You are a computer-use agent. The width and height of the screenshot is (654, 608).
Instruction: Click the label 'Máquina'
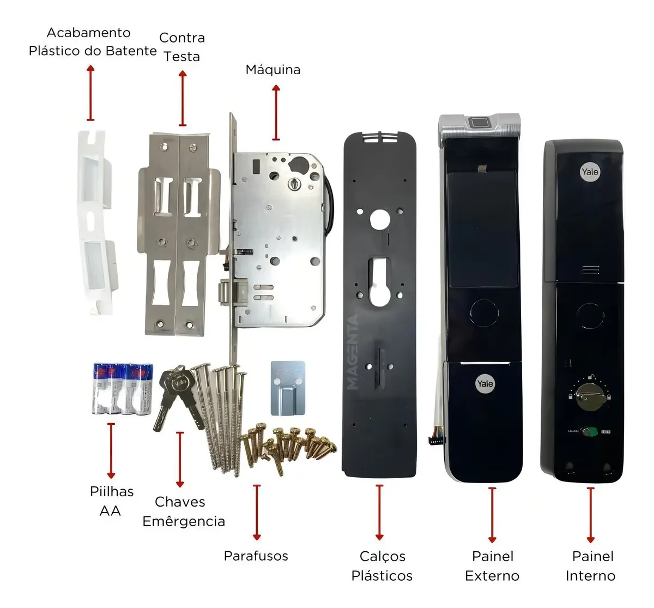click(273, 70)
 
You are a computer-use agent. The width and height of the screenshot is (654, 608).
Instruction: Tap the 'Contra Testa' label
click(182, 47)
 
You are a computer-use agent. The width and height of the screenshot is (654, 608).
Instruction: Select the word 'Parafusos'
click(256, 556)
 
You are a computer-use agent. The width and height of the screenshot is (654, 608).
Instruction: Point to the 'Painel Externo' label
click(492, 566)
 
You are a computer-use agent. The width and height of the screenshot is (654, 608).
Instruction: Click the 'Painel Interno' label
click(591, 566)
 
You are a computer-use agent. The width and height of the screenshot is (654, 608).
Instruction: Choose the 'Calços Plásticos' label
click(382, 566)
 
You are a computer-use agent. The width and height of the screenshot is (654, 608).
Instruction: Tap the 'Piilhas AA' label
click(111, 501)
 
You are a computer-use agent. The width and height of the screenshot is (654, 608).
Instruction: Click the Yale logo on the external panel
click(485, 383)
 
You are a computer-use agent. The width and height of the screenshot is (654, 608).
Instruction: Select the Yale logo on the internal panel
click(590, 172)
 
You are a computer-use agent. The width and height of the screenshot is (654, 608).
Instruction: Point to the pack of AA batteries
click(123, 388)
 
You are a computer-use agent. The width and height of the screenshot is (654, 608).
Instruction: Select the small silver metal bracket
click(288, 388)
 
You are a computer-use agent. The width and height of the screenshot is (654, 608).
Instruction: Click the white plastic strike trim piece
click(97, 222)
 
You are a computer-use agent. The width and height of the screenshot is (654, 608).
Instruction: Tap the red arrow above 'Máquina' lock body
click(276, 113)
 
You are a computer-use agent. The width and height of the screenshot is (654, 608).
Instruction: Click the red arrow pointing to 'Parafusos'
click(257, 512)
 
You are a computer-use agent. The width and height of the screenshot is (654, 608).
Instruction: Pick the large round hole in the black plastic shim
click(380, 220)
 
